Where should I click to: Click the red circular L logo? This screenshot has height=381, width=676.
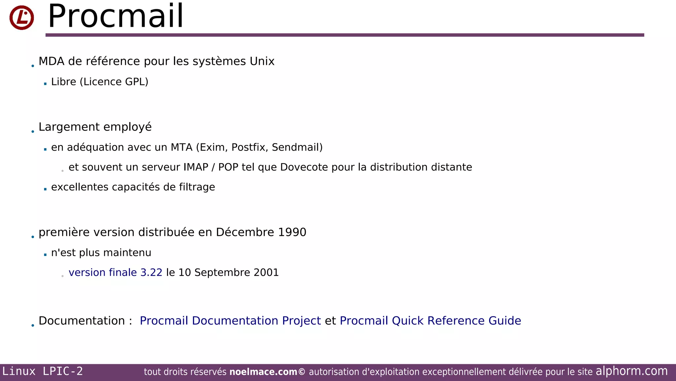[21, 18]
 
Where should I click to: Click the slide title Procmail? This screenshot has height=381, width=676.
[116, 17]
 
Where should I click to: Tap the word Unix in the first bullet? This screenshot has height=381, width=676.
[262, 62]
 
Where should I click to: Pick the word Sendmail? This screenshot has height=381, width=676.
[295, 148]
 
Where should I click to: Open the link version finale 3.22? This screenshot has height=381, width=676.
[116, 273]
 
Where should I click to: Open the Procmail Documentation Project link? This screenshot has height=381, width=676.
[230, 321]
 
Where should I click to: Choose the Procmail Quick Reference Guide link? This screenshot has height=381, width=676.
[430, 321]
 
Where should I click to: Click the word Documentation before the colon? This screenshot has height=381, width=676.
[82, 321]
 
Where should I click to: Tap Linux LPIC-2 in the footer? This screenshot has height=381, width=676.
[43, 371]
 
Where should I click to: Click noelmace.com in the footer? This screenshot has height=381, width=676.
[263, 372]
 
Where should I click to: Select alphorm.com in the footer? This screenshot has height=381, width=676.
[631, 371]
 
